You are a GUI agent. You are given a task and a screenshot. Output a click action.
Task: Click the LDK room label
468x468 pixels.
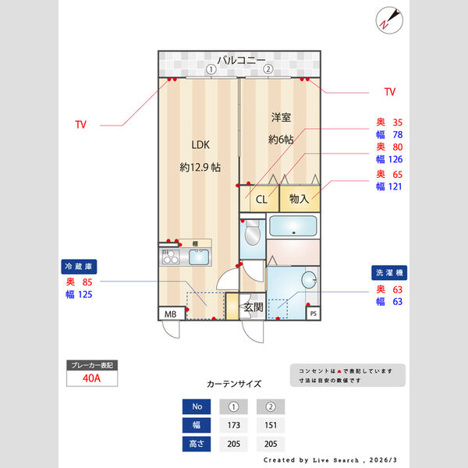(200, 144)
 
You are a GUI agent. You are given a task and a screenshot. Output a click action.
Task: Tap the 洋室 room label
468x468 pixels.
(281, 118)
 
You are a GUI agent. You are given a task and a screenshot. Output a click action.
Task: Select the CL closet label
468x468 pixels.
(262, 199)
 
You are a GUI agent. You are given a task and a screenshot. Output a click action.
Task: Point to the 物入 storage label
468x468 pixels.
(299, 199)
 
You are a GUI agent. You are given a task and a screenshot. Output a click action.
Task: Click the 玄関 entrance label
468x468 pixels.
(252, 307)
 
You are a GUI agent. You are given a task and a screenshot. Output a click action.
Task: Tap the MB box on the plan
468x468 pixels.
(169, 314)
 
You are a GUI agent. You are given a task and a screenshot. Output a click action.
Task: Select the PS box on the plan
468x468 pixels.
(313, 314)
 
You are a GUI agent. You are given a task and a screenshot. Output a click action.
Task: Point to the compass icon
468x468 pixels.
(388, 19)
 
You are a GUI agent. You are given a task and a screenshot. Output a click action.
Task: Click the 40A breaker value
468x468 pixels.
(91, 378)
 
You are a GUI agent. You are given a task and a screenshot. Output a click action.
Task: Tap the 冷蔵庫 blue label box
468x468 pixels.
(79, 265)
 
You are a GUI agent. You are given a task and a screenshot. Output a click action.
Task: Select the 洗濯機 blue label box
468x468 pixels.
(388, 274)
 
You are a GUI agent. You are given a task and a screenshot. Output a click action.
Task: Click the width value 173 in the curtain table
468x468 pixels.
(234, 426)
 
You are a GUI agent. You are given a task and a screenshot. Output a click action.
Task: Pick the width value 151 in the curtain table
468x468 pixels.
(269, 426)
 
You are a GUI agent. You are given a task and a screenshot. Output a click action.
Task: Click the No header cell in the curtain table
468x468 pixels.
(197, 406)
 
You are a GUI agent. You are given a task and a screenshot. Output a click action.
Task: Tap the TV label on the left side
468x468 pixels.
(80, 125)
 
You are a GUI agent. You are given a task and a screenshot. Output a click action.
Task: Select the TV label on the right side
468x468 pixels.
(389, 92)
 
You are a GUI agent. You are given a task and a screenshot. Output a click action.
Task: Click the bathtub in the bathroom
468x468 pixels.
(292, 227)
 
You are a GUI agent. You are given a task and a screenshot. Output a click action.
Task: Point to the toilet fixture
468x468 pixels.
(252, 235)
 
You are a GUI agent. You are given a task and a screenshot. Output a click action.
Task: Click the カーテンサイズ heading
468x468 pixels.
(234, 384)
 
